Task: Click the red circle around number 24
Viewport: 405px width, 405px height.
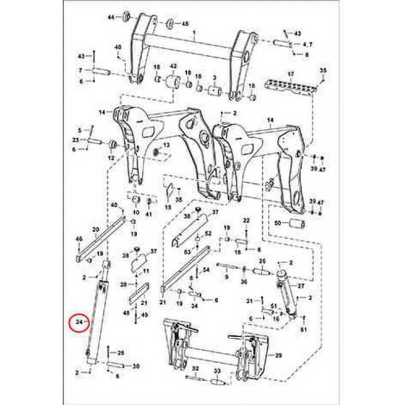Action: [x=79, y=322]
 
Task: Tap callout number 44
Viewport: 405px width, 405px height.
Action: [x=111, y=17]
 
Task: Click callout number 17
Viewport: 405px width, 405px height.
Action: [x=291, y=74]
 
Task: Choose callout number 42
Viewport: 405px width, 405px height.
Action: [x=173, y=66]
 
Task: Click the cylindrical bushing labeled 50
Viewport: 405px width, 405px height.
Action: [x=296, y=224]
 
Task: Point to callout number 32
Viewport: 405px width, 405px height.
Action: [x=195, y=368]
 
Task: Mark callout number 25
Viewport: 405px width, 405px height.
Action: [x=120, y=352]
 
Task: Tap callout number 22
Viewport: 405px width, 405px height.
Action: [x=247, y=220]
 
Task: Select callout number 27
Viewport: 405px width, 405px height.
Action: [x=301, y=286]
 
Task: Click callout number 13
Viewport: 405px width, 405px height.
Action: [x=166, y=146]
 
